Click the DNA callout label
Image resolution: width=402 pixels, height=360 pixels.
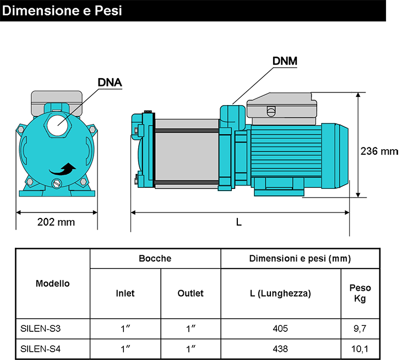(x=110, y=83)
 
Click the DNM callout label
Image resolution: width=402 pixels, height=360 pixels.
(x=285, y=61)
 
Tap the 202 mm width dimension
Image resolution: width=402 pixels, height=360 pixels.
(x=56, y=222)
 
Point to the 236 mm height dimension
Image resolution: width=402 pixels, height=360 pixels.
(x=379, y=151)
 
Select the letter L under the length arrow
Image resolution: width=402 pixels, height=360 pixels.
(x=238, y=222)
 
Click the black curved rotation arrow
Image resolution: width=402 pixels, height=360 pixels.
(x=63, y=169)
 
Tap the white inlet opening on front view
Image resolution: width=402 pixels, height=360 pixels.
(x=58, y=124)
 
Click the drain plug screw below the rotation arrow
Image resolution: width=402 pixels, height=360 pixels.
(x=56, y=183)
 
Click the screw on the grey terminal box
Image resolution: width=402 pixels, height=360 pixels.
(x=271, y=111)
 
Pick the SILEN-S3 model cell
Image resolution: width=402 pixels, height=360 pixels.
(x=41, y=329)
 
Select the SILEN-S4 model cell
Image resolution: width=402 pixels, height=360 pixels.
(x=41, y=349)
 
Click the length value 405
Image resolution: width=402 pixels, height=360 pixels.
(x=280, y=329)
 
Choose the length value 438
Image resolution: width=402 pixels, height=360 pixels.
(x=280, y=349)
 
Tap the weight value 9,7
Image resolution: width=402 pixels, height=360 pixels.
(x=360, y=329)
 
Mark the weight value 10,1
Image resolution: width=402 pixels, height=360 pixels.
(x=360, y=349)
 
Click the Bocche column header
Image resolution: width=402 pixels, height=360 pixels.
(x=155, y=258)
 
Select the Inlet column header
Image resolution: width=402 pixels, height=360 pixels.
(x=125, y=293)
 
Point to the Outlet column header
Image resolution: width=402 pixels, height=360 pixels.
(x=191, y=293)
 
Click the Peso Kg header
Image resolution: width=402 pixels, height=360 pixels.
(x=360, y=293)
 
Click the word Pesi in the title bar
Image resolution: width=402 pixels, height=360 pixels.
(x=108, y=11)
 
